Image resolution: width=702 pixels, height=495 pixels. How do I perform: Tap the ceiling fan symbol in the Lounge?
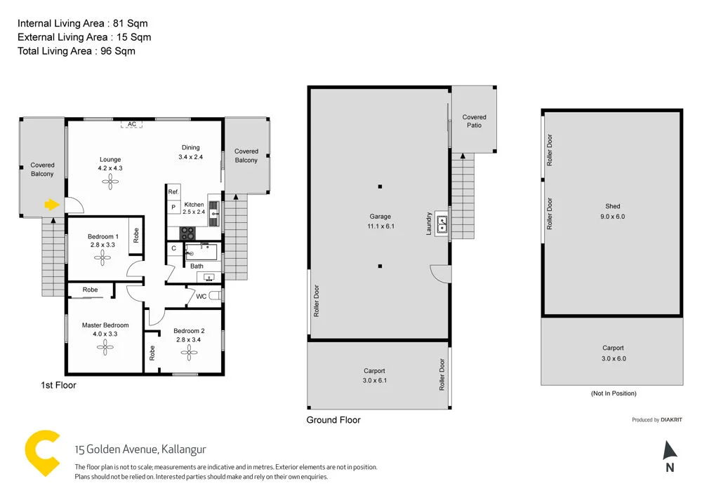[x=110, y=182]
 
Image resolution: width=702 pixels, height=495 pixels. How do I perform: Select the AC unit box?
[x=131, y=124]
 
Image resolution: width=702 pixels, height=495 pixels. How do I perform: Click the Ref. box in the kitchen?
[x=173, y=192]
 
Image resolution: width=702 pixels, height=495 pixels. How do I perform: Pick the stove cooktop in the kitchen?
[x=187, y=233]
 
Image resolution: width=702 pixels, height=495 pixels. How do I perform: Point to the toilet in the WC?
[x=215, y=296]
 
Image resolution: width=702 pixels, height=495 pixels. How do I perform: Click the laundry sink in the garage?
[x=442, y=224]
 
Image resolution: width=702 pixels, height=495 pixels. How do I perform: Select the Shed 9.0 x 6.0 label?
[x=612, y=211]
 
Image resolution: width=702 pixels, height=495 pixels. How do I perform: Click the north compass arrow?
[x=669, y=450]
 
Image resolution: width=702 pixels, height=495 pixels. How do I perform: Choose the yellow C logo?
[x=41, y=454]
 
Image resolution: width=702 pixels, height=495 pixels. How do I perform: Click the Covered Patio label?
[x=474, y=121]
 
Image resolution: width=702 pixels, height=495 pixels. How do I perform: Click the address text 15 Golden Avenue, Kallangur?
[x=140, y=449]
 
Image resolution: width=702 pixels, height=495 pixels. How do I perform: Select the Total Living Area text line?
[x=77, y=50]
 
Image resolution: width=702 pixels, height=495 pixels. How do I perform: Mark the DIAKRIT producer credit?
[x=657, y=420]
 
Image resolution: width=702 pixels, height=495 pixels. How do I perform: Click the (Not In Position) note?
[x=613, y=393]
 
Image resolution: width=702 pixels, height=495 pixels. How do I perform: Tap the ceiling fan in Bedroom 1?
[x=103, y=258]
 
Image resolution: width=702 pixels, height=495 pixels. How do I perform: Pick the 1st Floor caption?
[x=58, y=385]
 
